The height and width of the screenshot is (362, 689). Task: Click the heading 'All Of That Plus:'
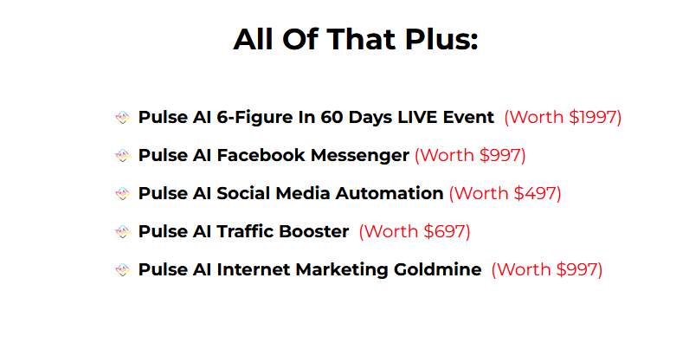click(x=355, y=40)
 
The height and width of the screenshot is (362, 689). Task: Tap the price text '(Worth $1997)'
click(x=563, y=117)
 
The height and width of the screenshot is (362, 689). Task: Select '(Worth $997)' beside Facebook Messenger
click(x=470, y=155)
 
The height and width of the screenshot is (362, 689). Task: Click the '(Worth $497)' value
click(x=505, y=193)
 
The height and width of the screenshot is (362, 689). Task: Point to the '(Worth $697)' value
click(x=415, y=231)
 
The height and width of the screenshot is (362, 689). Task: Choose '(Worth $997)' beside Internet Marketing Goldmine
click(x=546, y=269)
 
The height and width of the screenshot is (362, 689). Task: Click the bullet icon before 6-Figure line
click(x=122, y=117)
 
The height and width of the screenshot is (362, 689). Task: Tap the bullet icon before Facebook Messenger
click(x=122, y=155)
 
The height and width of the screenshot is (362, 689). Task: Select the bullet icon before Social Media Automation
click(x=122, y=193)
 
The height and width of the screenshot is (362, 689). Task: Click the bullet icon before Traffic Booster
click(x=122, y=231)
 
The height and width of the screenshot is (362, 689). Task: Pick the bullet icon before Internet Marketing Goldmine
click(x=122, y=269)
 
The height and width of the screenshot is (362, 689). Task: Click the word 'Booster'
click(x=315, y=231)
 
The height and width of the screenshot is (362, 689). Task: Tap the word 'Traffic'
click(x=247, y=231)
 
